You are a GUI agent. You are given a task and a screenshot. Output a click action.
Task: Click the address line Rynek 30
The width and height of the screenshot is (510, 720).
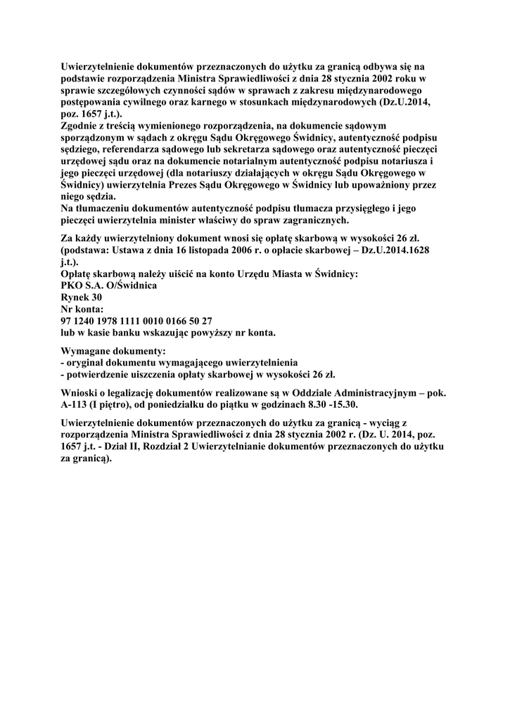click(x=82, y=297)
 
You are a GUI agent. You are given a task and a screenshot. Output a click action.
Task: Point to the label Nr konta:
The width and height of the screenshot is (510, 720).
click(x=82, y=309)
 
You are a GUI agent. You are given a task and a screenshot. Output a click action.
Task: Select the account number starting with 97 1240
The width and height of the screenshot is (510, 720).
click(x=132, y=321)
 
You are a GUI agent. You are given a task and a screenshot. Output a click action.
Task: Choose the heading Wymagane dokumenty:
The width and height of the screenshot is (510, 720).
click(x=114, y=349)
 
